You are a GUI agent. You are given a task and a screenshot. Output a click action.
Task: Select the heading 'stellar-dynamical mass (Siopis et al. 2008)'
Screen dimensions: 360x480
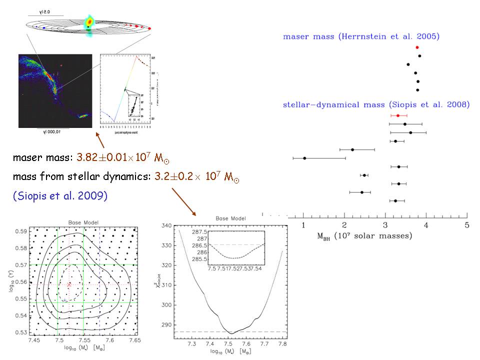click(376, 105)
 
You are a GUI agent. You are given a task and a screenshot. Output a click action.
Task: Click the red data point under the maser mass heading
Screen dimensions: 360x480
click(417, 47)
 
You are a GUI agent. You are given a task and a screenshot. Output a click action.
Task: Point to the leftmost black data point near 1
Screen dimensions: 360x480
click(304, 158)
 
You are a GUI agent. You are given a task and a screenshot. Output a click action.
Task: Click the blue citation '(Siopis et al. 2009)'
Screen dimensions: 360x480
click(60, 195)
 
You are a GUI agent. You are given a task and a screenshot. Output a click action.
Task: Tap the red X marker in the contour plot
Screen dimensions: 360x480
click(69, 284)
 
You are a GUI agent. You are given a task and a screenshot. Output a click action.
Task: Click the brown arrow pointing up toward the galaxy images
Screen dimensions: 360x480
click(100, 139)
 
